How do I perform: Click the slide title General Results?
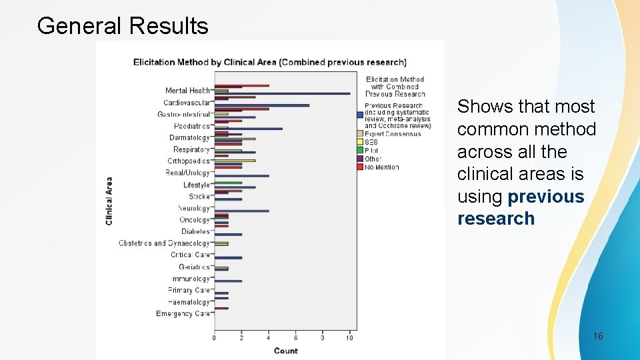[123, 26]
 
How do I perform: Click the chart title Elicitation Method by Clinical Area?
[269, 62]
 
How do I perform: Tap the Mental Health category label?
[187, 91]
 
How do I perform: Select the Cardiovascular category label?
[187, 103]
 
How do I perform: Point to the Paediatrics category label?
[191, 126]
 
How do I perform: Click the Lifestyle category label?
[196, 185]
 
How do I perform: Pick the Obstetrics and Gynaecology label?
[164, 243]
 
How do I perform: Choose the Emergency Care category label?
[183, 313]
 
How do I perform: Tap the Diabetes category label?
[195, 231]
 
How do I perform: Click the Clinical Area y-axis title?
[109, 200]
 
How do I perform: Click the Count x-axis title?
[285, 351]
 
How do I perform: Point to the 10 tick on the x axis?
[349, 338]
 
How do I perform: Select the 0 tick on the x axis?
[214, 338]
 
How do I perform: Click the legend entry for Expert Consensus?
[393, 134]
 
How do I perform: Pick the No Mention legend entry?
[381, 167]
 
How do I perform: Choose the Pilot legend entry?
[371, 151]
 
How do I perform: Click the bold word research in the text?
[495, 219]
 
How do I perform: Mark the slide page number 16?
[598, 336]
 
